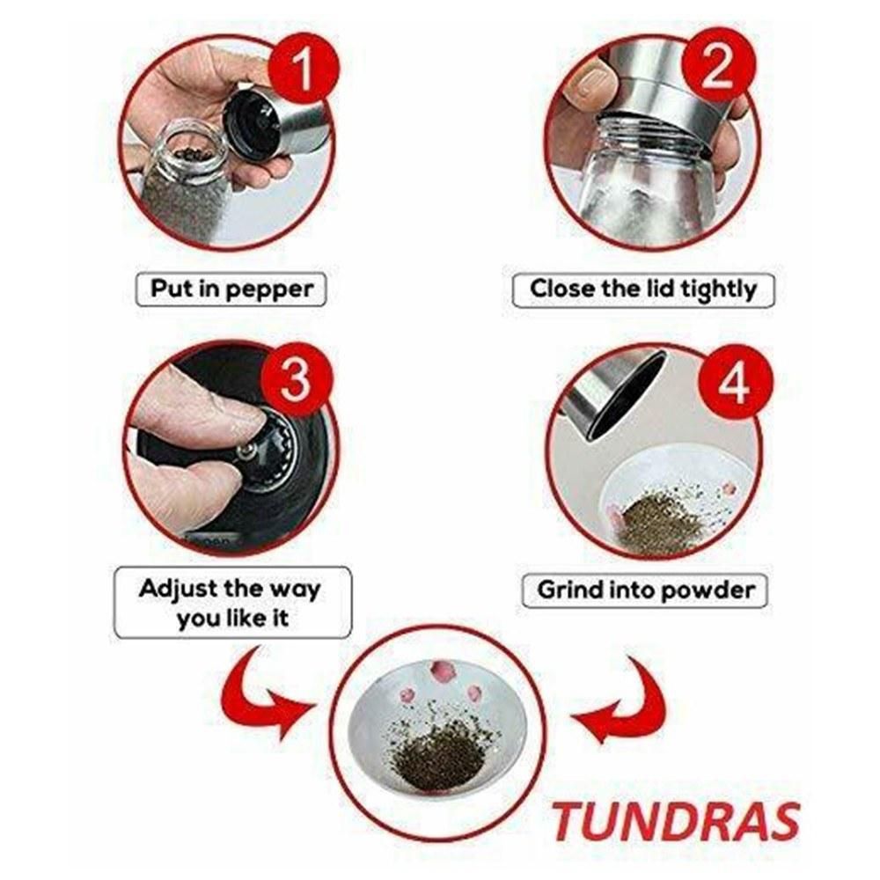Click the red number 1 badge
(x=303, y=69)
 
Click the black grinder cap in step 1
(x=252, y=125)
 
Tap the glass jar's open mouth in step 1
(x=189, y=150)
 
